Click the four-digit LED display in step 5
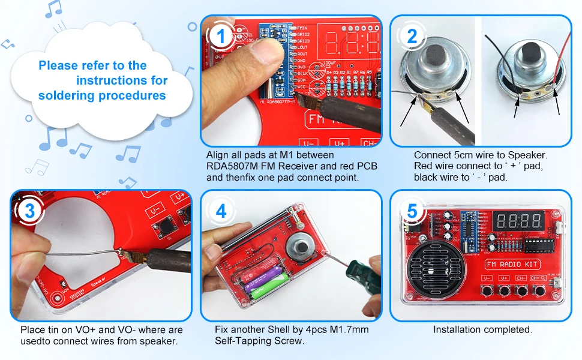(520, 220)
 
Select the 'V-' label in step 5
(486, 278)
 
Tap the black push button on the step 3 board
(160, 227)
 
